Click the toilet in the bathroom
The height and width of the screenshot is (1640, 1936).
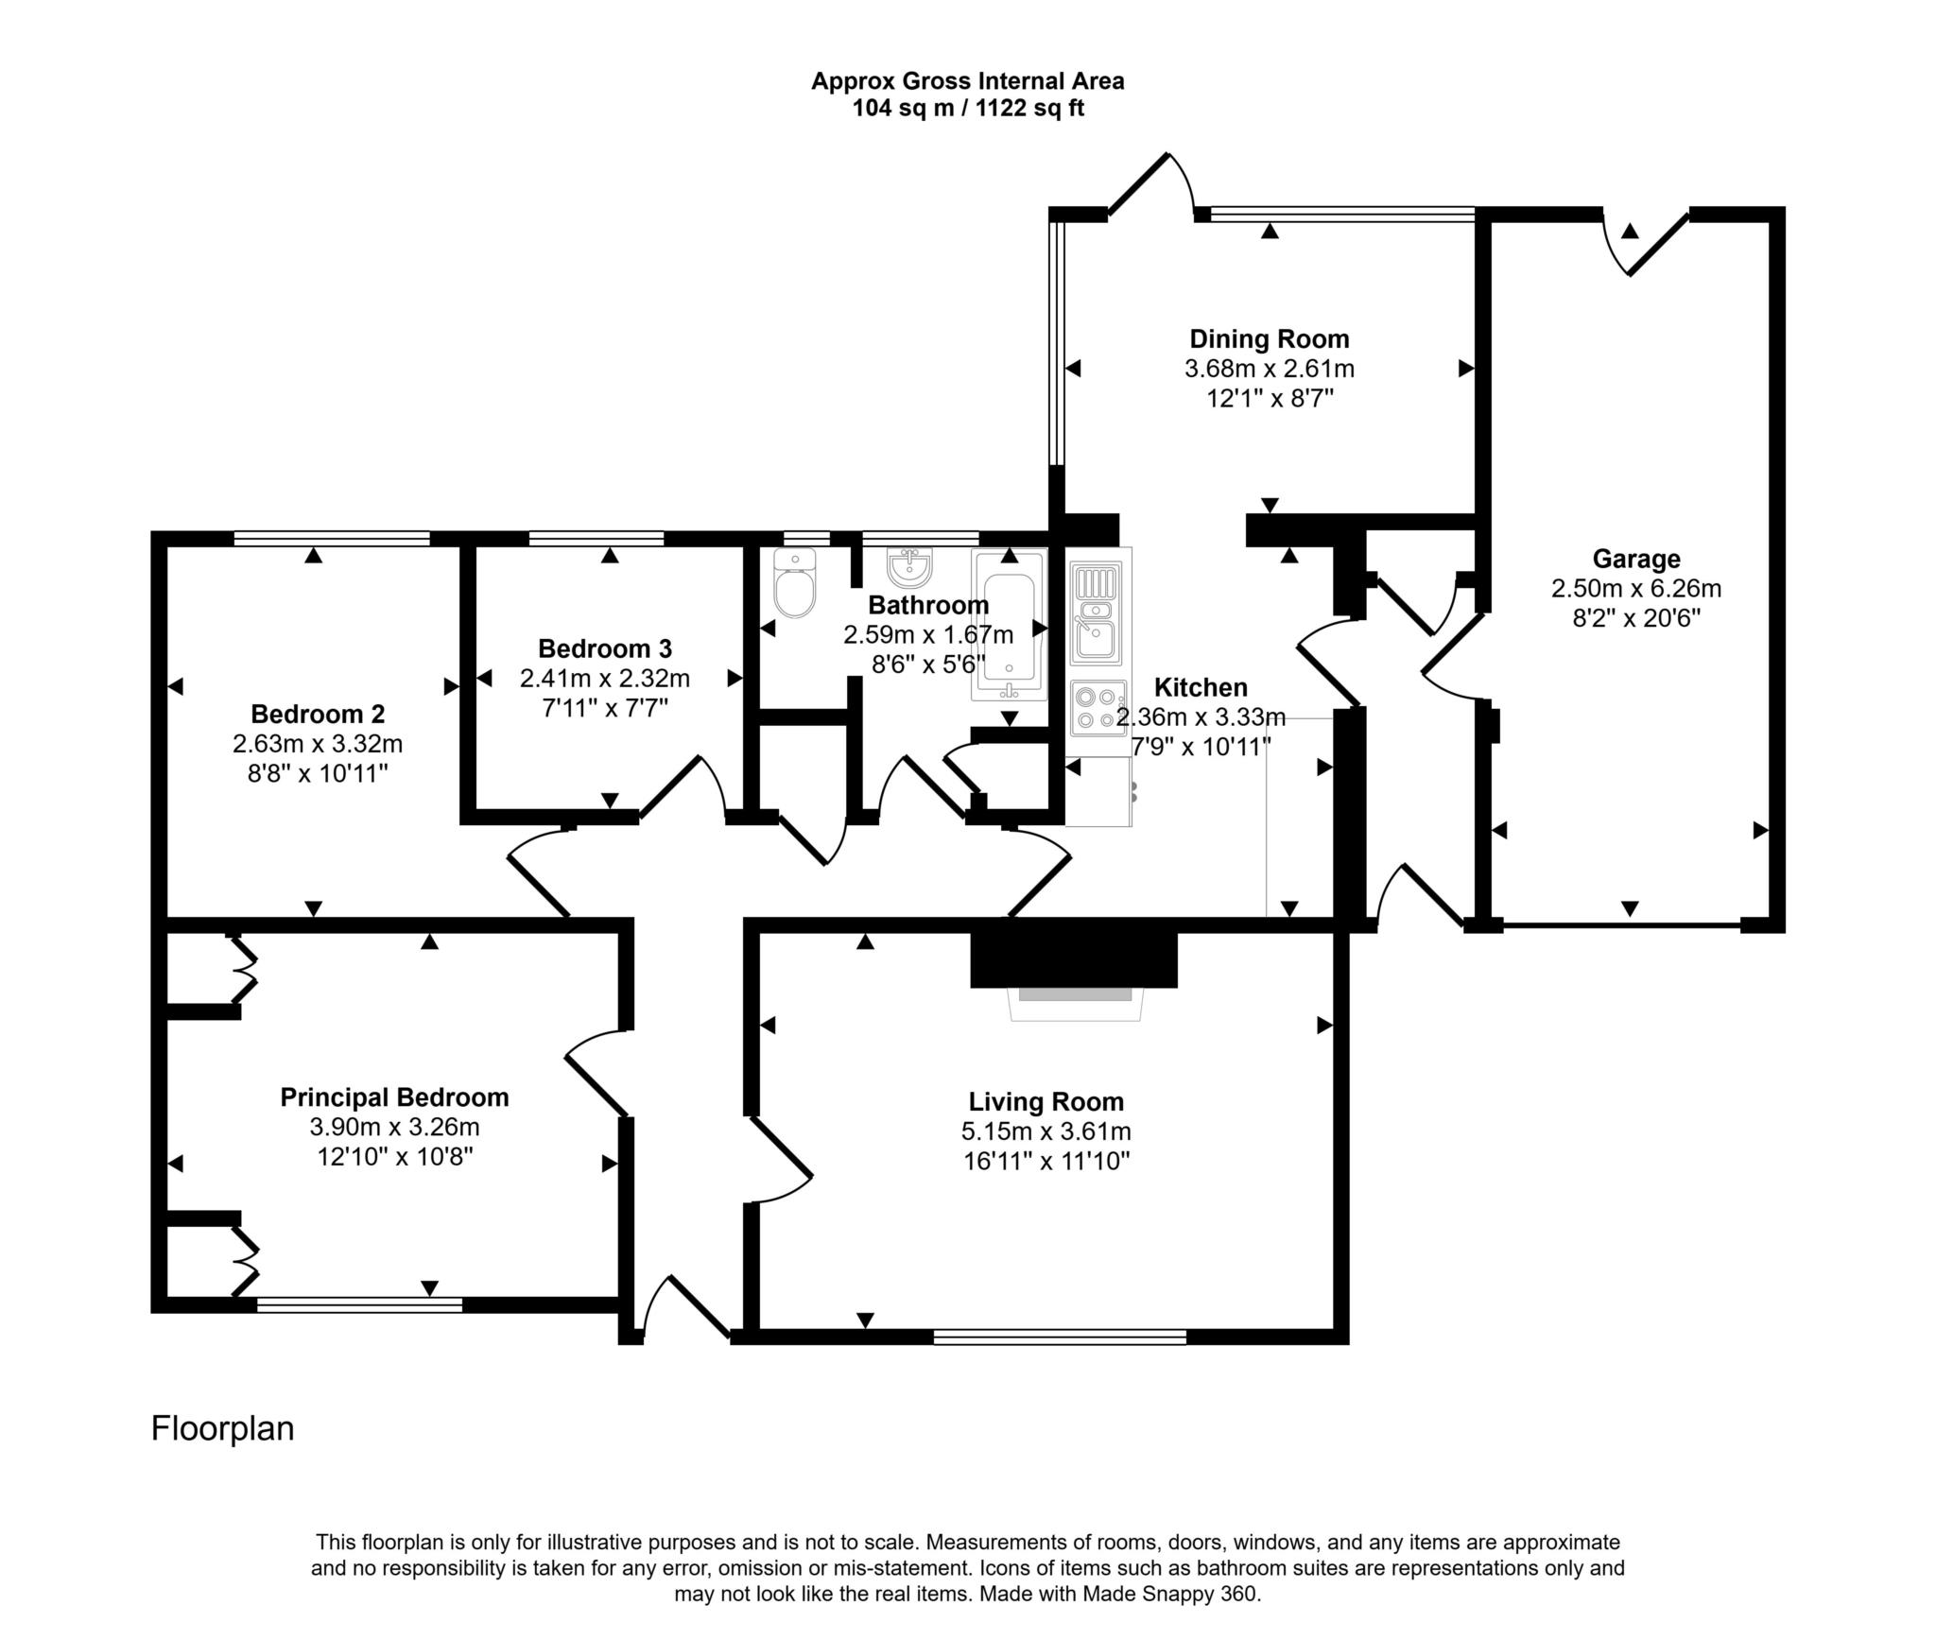point(794,585)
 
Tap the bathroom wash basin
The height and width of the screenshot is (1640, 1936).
point(910,567)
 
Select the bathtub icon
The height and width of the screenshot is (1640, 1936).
point(1010,626)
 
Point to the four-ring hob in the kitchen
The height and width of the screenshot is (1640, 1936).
point(1098,708)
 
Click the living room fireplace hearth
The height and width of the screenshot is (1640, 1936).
point(1075,1002)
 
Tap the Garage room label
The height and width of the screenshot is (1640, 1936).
point(1635,559)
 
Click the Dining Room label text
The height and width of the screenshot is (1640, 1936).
point(1269,338)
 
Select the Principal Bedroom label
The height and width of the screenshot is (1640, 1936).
point(394,1097)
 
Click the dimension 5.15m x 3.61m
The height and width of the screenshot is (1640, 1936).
point(1046,1131)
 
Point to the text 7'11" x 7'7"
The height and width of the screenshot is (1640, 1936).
point(605,708)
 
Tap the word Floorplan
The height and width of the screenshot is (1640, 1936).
point(222,1427)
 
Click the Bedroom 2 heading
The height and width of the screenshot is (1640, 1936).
point(318,714)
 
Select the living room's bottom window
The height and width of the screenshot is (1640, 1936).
point(1060,1336)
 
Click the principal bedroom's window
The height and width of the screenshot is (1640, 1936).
point(359,1304)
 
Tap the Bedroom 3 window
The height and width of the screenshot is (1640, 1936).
point(596,538)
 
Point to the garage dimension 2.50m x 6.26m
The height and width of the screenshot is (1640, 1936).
point(1635,589)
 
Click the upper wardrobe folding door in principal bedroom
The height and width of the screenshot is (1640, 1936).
point(244,969)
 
